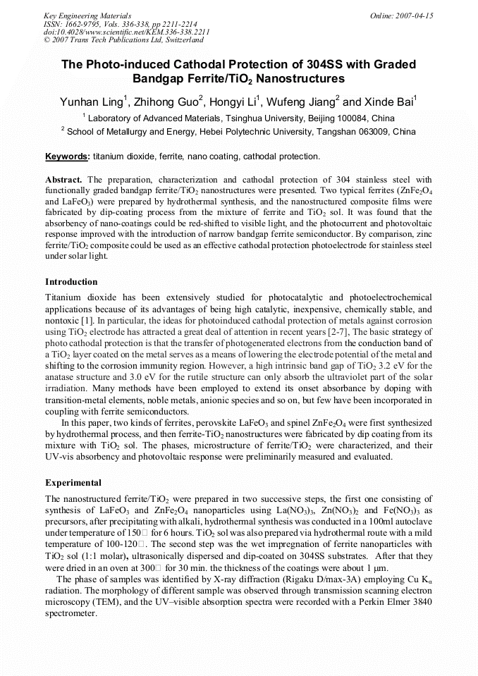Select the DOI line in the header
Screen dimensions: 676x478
pos(126,32)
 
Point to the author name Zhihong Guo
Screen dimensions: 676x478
pos(168,103)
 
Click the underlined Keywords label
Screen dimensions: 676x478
pos(68,156)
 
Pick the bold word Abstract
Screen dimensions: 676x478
pos(64,180)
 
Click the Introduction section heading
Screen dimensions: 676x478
pos(71,282)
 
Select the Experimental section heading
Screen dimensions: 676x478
pos(73,483)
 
